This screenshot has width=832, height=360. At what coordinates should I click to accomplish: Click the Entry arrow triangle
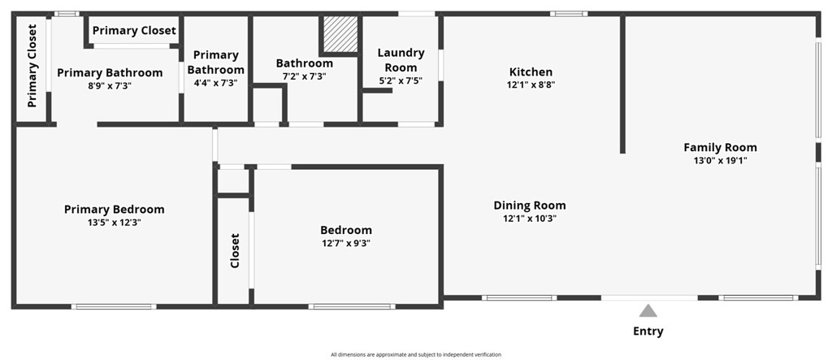[648, 310]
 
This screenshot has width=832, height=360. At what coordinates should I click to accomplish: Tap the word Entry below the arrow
[648, 332]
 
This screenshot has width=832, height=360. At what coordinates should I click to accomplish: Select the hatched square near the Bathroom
[338, 34]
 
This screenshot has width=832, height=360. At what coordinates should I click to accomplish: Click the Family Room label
[720, 147]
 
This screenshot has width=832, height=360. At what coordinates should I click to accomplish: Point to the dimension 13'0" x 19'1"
[720, 161]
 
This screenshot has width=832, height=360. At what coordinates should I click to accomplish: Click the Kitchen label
[531, 72]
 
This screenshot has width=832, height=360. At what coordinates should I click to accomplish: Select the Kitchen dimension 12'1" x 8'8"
[531, 85]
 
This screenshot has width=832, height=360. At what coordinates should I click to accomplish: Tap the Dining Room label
[530, 205]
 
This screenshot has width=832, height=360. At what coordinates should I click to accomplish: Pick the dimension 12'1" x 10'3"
[530, 218]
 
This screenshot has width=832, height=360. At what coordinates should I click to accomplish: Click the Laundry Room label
[401, 60]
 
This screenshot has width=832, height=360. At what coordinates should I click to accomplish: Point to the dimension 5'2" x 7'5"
[401, 80]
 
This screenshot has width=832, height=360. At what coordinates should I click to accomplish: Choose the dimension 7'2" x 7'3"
[304, 76]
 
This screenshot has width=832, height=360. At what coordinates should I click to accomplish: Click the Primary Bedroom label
[114, 209]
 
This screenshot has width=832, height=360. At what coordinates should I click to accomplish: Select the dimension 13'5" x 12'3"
[114, 222]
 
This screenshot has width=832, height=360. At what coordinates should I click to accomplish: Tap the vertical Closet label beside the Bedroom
[235, 251]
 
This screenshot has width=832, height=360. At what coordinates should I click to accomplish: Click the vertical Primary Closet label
[32, 66]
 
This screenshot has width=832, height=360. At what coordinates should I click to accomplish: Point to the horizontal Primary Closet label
[134, 31]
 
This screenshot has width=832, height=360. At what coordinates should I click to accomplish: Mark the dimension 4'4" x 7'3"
[215, 82]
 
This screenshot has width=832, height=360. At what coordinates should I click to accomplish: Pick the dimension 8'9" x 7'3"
[110, 85]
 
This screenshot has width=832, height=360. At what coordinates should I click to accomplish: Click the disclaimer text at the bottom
[416, 354]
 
